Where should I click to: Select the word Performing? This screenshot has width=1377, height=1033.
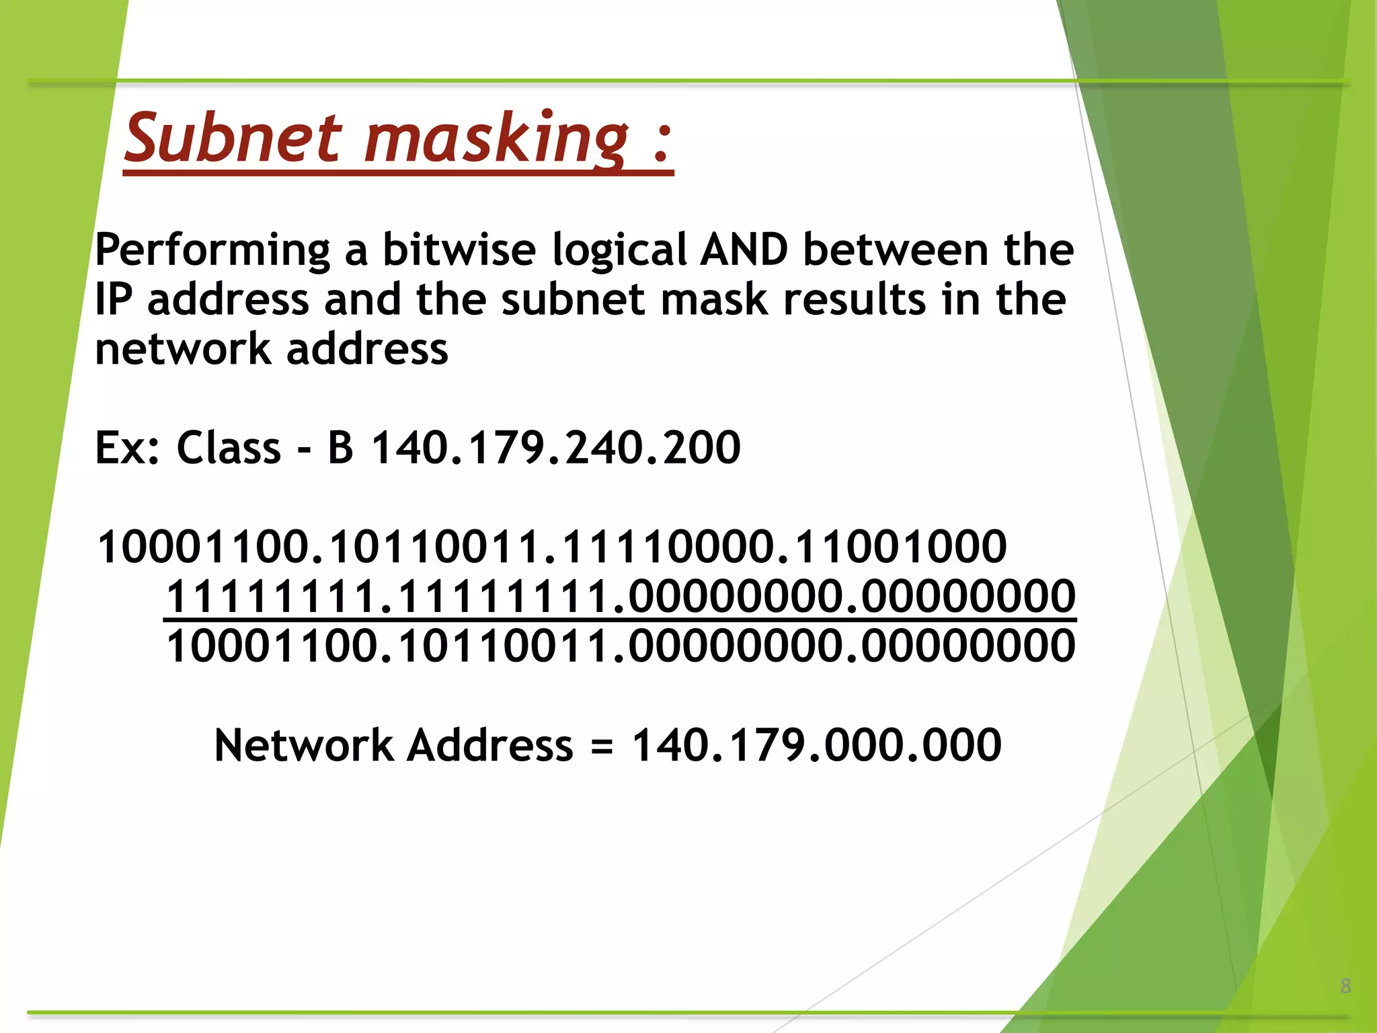point(212,250)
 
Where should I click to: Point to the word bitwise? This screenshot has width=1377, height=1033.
point(459,250)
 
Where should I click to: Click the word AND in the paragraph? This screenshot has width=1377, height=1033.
point(744,250)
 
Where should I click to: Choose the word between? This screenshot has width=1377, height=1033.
point(896,250)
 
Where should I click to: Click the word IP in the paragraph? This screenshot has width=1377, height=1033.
point(114,299)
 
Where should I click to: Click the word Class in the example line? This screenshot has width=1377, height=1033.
point(229,448)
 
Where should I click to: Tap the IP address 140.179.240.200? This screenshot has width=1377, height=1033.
point(556,448)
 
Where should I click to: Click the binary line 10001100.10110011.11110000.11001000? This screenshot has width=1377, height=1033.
point(552,546)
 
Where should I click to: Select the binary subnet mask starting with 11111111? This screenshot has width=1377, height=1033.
point(621,596)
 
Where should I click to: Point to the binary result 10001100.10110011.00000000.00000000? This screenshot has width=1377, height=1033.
point(621,646)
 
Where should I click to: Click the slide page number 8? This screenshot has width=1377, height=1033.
point(1345,986)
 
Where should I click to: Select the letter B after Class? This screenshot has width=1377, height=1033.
point(340,448)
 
